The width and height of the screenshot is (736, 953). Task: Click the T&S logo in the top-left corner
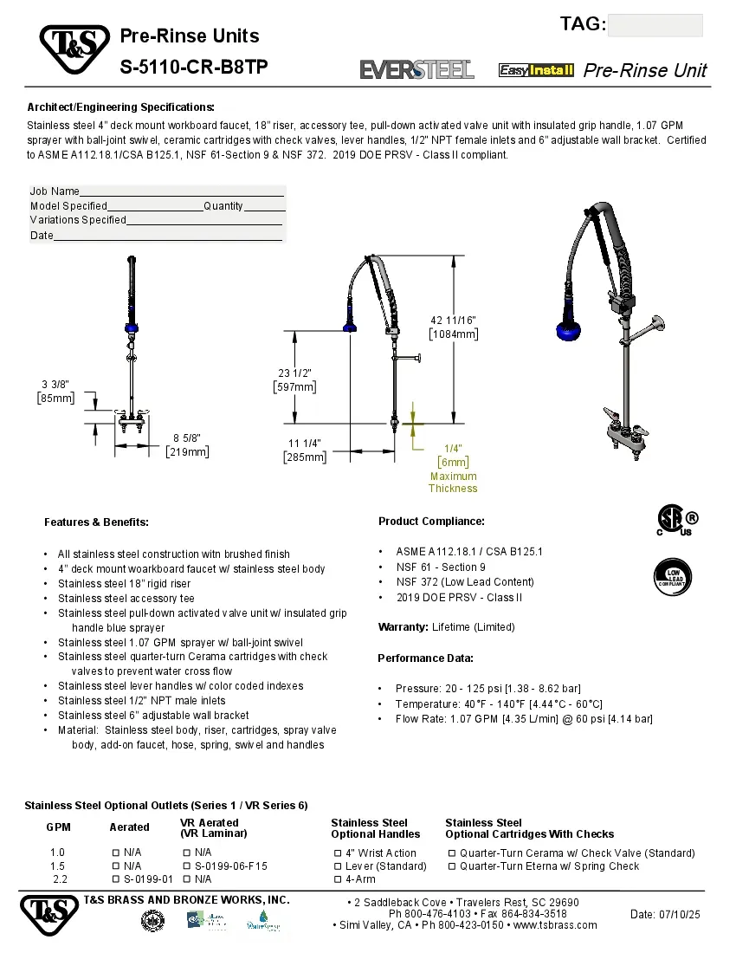tap(74, 49)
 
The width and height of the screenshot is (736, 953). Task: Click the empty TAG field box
tap(655, 26)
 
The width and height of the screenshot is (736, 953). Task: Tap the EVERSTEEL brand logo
tap(416, 69)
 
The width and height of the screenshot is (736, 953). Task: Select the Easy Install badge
tap(536, 70)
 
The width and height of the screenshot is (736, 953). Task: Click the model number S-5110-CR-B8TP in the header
tap(194, 68)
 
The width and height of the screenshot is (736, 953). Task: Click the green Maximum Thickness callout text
tap(453, 482)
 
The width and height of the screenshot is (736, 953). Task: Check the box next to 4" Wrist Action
tap(338, 853)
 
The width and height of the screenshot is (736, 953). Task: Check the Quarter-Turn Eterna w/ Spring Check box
tap(452, 866)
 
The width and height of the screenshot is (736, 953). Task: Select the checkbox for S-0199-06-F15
tap(187, 866)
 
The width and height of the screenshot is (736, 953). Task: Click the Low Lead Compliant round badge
tap(672, 575)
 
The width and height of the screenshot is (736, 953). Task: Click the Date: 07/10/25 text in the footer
tap(665, 914)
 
